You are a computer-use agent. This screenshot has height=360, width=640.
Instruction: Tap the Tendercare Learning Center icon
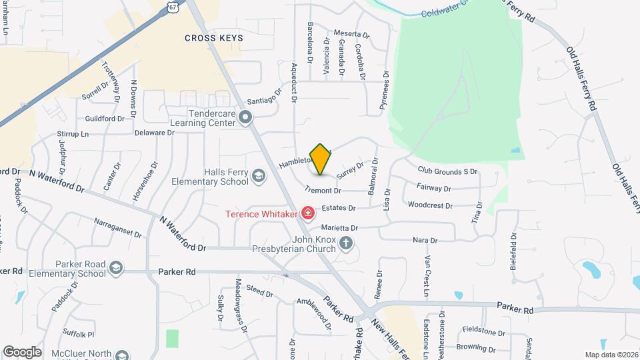[245, 119]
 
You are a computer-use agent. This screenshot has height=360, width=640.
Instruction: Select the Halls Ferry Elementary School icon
[259, 176]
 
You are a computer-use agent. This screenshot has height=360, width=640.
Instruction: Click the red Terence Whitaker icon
[307, 213]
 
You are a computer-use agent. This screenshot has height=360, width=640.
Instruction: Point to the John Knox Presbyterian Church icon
[346, 243]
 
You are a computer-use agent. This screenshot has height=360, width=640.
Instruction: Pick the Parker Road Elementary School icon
[117, 268]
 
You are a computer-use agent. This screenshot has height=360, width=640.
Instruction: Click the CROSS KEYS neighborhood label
[214, 38]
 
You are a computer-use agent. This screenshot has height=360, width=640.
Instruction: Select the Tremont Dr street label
[323, 190]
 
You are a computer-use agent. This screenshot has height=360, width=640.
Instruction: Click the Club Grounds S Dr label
[448, 171]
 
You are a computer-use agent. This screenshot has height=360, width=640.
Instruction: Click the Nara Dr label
[425, 240]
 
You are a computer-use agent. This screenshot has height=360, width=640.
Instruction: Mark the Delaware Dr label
[154, 133]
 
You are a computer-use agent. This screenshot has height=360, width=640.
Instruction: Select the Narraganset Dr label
[117, 227]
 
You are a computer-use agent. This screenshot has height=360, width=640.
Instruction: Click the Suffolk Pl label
[79, 333]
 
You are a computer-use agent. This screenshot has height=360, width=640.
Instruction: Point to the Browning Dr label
[475, 347]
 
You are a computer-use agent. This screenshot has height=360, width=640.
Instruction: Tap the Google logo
[22, 351]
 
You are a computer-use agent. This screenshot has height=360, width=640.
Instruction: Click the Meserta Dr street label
[351, 33]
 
